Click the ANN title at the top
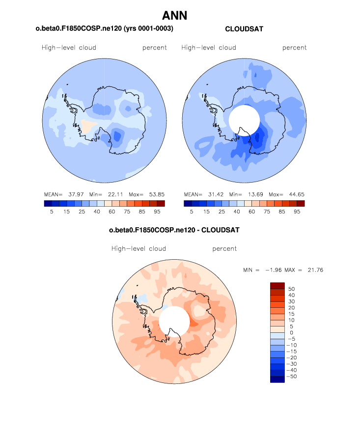(174, 16)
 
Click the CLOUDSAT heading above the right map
(244, 29)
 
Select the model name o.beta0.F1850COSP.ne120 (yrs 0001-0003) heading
(104, 29)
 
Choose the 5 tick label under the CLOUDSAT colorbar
(192, 211)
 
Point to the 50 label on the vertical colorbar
(292, 289)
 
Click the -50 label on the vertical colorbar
(290, 376)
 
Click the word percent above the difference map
(224, 248)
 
